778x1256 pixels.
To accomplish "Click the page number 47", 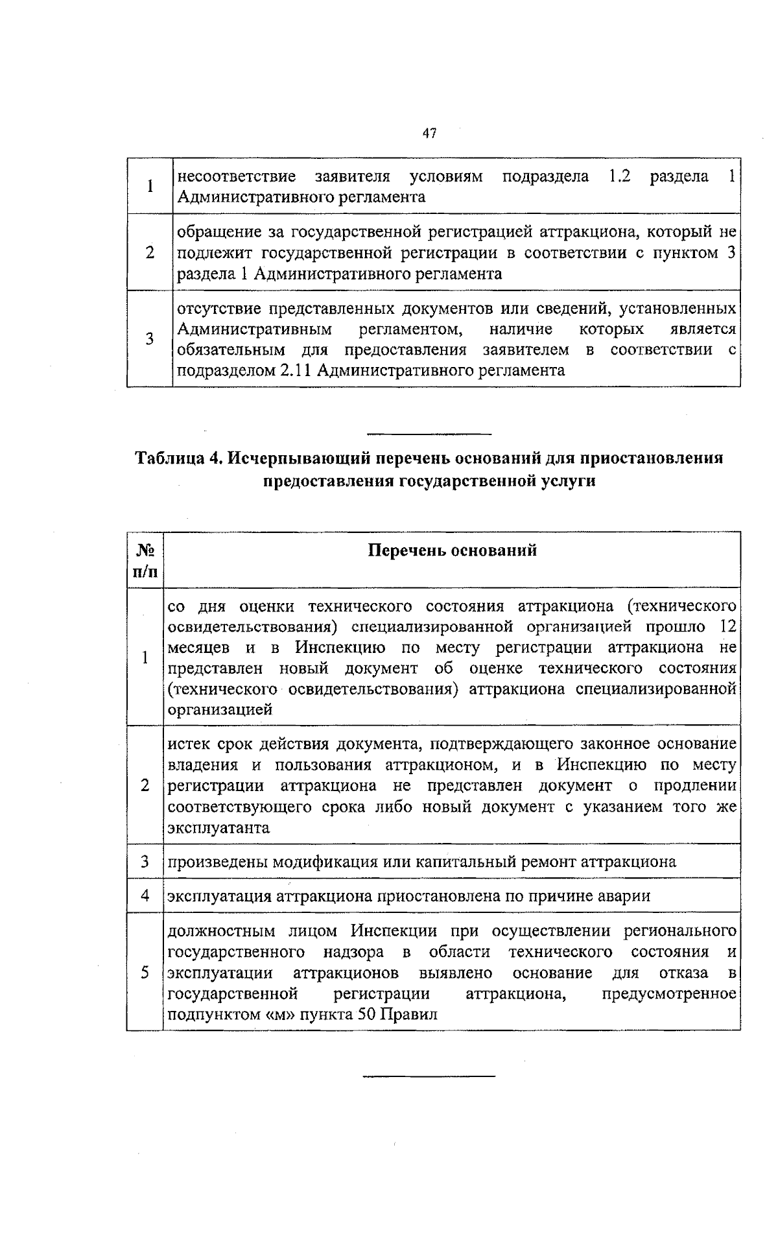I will tap(429, 134).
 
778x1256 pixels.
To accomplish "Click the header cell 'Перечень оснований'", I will tap(452, 551).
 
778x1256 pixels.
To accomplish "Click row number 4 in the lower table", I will tap(145, 896).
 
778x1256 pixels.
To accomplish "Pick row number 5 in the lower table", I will tap(145, 973).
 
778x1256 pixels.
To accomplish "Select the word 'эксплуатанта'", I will tap(218, 828).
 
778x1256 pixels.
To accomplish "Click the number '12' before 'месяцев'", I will tap(728, 626).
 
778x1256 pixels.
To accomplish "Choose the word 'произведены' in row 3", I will tap(218, 862).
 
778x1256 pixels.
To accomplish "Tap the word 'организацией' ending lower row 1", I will tap(220, 709).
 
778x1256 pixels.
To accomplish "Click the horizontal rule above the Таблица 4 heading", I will tap(429, 433).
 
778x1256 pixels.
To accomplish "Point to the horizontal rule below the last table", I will tap(429, 1076).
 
